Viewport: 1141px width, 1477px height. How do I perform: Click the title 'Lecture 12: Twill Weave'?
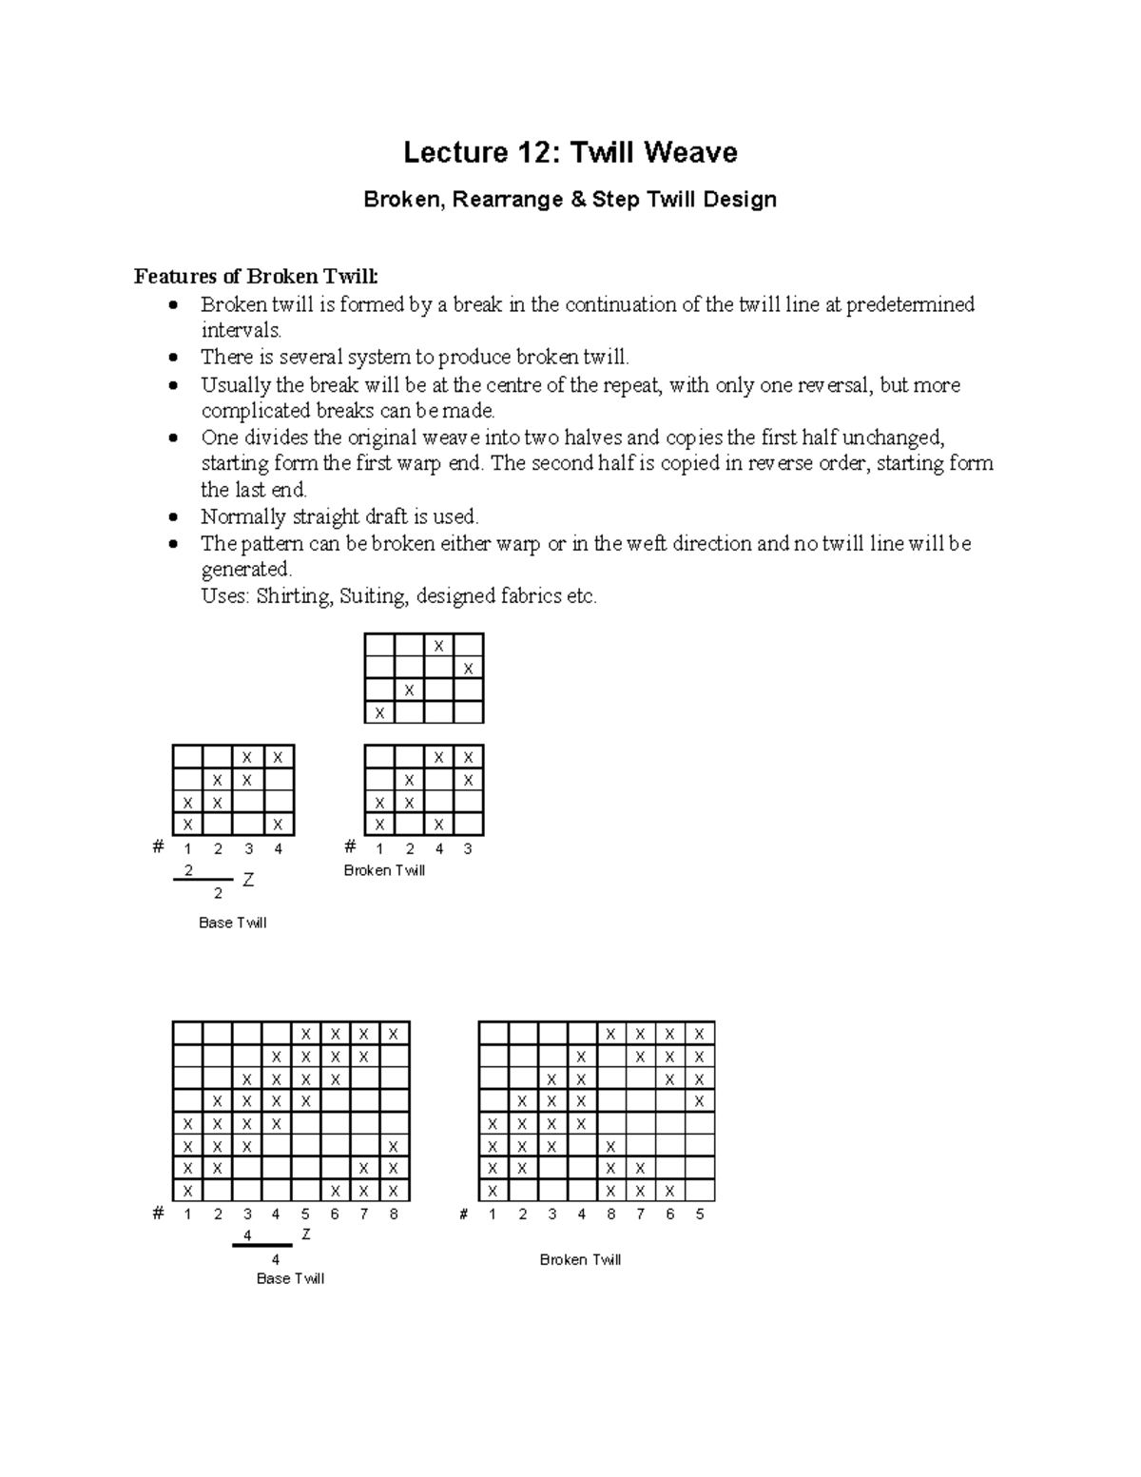tap(570, 152)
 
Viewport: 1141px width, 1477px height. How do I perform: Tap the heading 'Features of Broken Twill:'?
tap(255, 277)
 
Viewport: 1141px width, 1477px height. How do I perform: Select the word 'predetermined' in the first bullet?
tap(910, 304)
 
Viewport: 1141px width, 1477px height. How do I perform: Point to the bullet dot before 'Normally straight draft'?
tap(172, 518)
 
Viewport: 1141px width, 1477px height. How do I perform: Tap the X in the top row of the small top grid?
tap(438, 646)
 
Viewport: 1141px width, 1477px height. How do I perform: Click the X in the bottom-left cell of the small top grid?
tap(379, 712)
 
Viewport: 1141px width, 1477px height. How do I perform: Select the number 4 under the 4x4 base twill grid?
tap(279, 848)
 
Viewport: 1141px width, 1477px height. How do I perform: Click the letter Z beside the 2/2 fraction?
tap(248, 881)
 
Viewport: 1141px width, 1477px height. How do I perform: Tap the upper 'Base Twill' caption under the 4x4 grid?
tap(232, 923)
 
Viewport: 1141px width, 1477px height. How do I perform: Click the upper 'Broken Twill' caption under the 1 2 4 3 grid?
tap(384, 870)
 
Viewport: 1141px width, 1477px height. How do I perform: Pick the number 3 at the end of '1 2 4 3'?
tap(468, 848)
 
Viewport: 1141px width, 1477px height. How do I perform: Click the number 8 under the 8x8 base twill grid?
tap(394, 1214)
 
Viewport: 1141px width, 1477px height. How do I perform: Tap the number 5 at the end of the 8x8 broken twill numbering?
tap(700, 1214)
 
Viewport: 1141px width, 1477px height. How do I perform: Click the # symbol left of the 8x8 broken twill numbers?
tap(464, 1214)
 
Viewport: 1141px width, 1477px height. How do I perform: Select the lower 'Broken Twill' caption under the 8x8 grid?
tap(580, 1259)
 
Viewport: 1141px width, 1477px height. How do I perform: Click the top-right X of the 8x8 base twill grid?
tap(394, 1034)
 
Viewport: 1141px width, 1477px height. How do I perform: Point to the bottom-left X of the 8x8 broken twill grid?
tap(493, 1191)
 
